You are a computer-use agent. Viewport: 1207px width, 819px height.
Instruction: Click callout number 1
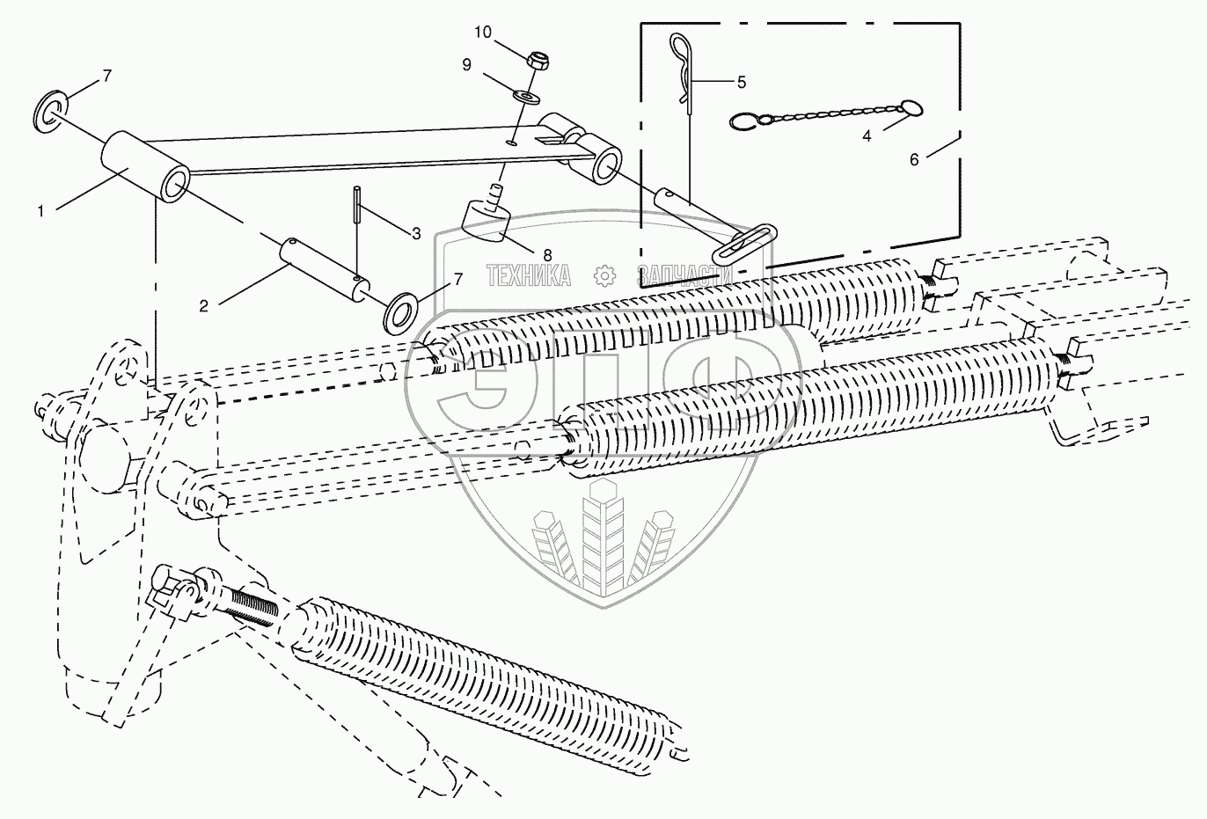(x=40, y=211)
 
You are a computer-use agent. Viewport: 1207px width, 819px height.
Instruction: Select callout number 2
(x=203, y=306)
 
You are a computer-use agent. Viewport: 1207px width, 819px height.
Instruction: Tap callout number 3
(x=416, y=234)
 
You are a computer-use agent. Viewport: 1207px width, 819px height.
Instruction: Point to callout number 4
(x=867, y=137)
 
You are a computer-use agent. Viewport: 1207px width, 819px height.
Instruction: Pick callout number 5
(x=741, y=83)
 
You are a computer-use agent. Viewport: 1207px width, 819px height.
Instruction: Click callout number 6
(x=914, y=160)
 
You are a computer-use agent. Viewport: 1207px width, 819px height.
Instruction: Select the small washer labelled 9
(x=525, y=93)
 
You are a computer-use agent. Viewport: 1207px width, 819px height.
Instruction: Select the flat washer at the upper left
(x=49, y=110)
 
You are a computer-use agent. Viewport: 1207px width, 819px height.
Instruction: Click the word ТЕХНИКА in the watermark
(x=528, y=275)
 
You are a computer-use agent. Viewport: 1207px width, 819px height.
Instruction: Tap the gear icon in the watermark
(x=603, y=275)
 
